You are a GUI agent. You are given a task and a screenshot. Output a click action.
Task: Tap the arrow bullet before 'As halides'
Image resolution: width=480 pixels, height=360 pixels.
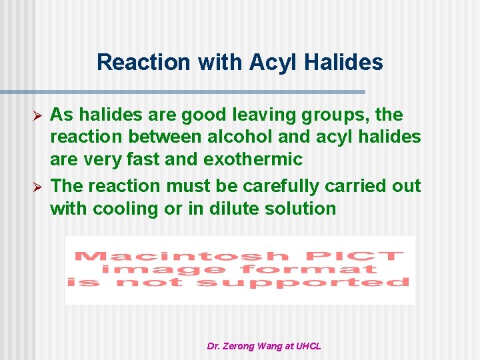(x=38, y=115)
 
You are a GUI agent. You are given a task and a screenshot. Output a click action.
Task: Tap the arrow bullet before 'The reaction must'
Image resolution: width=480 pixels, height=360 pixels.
(x=38, y=186)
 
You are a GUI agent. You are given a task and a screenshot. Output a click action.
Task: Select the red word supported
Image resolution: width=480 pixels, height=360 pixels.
(x=303, y=283)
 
